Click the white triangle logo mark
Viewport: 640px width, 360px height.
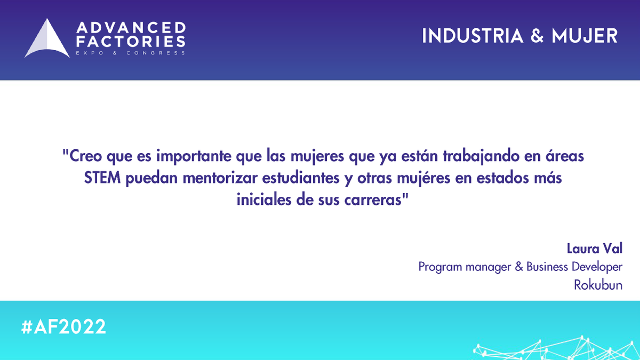47,40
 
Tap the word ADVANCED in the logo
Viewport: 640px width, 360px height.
131,28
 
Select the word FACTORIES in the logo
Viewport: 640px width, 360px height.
131,41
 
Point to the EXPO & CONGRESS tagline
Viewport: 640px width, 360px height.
131,53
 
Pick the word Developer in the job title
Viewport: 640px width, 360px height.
597,267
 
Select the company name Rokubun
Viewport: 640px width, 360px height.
598,285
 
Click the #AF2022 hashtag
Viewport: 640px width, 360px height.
64,326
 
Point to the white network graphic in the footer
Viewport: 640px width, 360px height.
555,348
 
